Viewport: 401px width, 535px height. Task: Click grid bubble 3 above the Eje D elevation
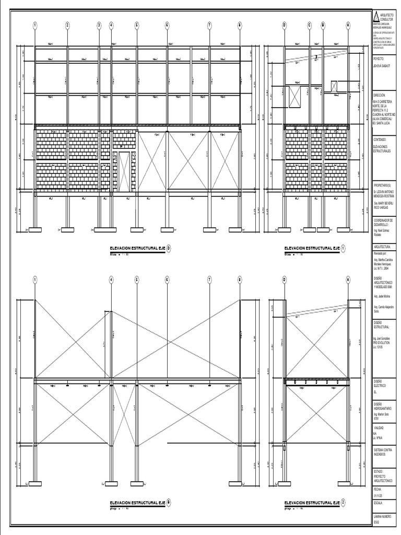[x=99, y=25]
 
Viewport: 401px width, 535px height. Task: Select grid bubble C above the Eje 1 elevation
[x=310, y=25]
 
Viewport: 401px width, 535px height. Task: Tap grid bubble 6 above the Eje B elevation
[x=167, y=280]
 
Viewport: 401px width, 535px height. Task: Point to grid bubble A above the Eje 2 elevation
[x=348, y=280]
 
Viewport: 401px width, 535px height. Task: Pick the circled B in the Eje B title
[x=169, y=502]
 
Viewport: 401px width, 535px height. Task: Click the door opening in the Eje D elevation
[x=124, y=172]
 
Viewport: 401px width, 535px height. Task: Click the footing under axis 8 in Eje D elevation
[x=240, y=229]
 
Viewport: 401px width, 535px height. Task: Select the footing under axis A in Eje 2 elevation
[x=348, y=483]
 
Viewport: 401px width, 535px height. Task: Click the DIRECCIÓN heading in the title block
[x=379, y=96]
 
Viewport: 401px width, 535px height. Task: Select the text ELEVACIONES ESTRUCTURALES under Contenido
[x=383, y=149]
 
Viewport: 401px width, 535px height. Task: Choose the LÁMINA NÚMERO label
[x=382, y=515]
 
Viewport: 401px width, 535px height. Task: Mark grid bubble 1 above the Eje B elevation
[x=35, y=280]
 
